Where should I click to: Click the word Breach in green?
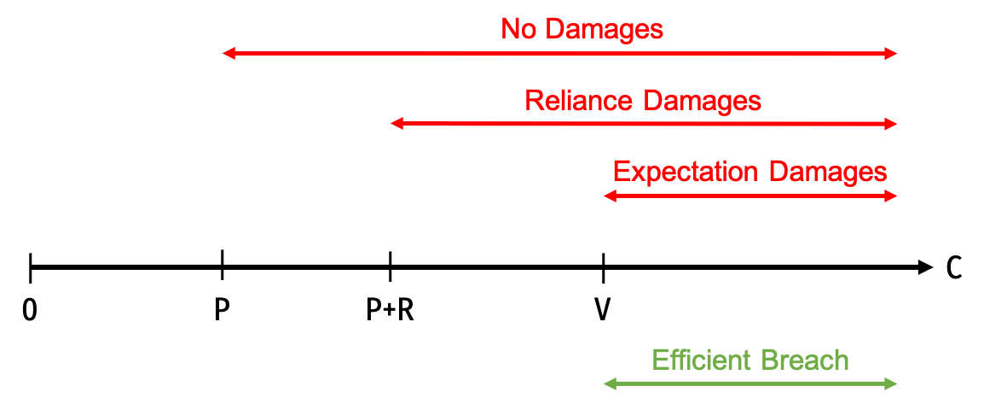tap(805, 360)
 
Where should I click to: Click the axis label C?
tap(954, 268)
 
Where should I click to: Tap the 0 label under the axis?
tap(30, 310)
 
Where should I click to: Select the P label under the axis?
tap(222, 310)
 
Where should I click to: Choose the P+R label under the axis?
tap(390, 310)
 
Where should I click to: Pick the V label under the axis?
tap(603, 310)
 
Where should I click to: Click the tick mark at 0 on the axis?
tap(30, 268)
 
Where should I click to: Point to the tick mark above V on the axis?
tap(603, 268)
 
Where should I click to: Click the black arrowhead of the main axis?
tap(925, 268)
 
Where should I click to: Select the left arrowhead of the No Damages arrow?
tap(229, 54)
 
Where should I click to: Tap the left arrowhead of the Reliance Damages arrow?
tap(396, 125)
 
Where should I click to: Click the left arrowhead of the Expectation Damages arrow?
tap(610, 196)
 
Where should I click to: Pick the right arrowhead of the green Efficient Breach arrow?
tap(891, 383)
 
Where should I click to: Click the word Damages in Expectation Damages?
tap(825, 172)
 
